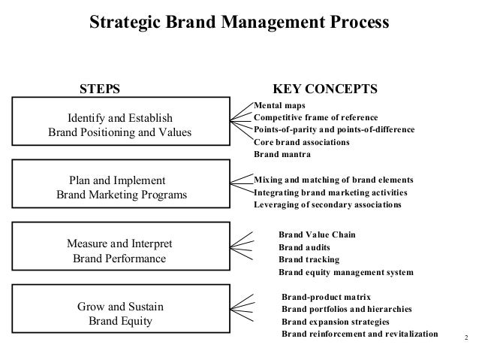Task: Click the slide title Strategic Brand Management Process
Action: [239, 23]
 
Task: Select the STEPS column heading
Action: [100, 89]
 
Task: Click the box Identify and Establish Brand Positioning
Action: [120, 126]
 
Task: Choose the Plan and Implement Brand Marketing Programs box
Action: [120, 189]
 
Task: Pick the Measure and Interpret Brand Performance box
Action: [120, 252]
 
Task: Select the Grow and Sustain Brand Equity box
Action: [120, 314]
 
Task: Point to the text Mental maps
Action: [275, 105]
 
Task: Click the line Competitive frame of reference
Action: [316, 117]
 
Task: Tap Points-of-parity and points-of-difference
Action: [334, 129]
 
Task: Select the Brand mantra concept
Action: [282, 153]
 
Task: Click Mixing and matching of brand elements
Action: [333, 180]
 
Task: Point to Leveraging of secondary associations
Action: [327, 204]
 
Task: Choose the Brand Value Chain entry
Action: [317, 235]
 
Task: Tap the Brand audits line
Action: [304, 247]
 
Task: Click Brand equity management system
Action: [345, 271]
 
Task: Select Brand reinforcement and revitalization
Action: [359, 333]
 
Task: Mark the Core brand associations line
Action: [302, 141]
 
